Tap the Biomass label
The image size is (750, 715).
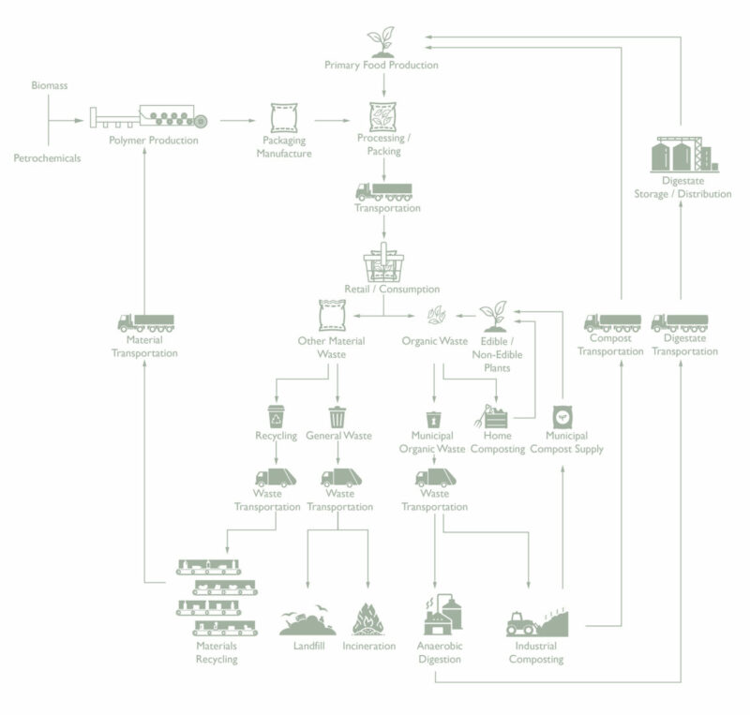pos(49,85)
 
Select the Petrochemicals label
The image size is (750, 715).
pos(47,157)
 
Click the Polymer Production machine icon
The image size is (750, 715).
pos(150,118)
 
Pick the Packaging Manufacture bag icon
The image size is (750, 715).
pos(284,119)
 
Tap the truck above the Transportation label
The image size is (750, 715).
pos(382,191)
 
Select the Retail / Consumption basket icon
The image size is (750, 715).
pos(383,262)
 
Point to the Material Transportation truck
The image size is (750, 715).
pos(144,322)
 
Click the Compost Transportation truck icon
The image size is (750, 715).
pos(611,322)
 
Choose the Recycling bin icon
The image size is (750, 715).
pos(276,415)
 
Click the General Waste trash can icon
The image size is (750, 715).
pos(337,415)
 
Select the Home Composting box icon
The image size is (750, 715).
pos(496,415)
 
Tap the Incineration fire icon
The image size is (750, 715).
pos(368,619)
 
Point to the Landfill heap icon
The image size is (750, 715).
pos(307,621)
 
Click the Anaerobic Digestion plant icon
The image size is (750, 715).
pos(439,617)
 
